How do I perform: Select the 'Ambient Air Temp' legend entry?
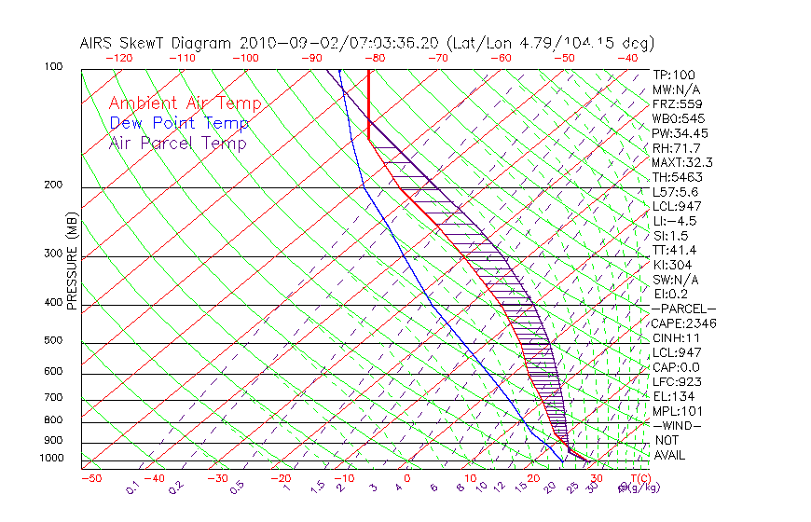pos(185,103)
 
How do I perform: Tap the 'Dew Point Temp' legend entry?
pos(178,123)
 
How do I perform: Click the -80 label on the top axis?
pos(374,58)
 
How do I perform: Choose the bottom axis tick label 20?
pos(532,477)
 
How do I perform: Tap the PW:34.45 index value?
pos(680,133)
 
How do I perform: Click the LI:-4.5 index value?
pos(675,221)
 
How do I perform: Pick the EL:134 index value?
pos(673,396)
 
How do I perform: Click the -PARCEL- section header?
pos(683,309)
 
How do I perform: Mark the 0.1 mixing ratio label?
pos(132,487)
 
